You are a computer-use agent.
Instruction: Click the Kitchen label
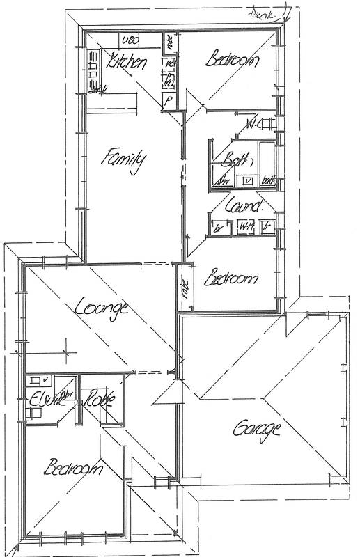(x=127, y=63)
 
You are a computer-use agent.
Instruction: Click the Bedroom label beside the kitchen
(x=233, y=60)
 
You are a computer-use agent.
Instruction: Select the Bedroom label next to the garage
(x=232, y=279)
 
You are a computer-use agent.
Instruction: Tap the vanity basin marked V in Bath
(x=247, y=181)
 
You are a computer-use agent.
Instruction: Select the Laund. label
(x=244, y=205)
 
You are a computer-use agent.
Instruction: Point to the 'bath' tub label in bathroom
(x=269, y=182)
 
